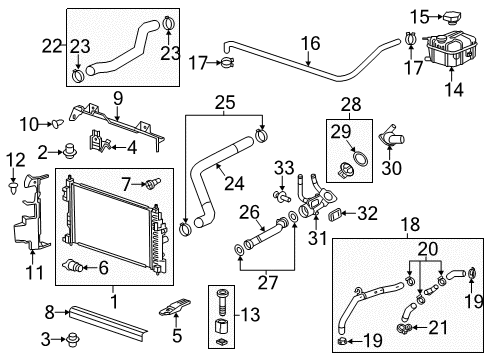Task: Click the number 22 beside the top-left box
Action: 52,44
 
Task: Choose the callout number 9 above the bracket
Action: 116,98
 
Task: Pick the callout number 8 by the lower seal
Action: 49,312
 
